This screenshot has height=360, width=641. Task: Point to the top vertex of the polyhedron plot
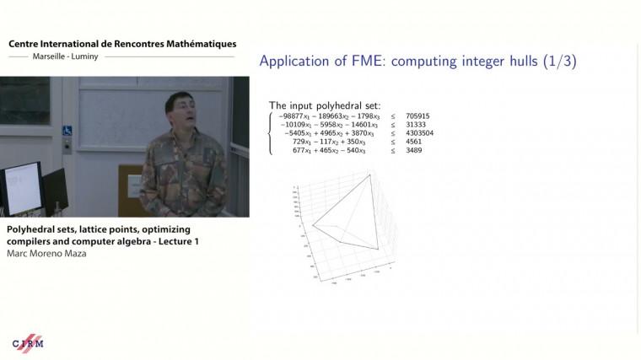coord(369,175)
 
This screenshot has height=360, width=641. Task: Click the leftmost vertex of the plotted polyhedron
coord(312,224)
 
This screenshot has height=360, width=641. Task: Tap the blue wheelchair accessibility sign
coord(67,132)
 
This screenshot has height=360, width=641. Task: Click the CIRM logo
coord(28,343)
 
